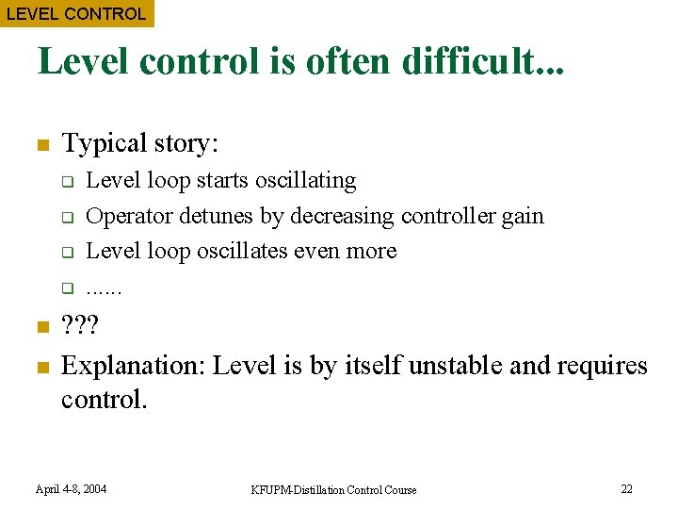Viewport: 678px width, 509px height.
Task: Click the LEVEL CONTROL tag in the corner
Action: (76, 14)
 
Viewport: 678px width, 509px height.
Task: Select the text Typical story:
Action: (139, 143)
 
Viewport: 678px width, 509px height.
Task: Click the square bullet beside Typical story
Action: (41, 145)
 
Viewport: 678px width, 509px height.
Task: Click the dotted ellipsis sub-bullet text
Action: (104, 288)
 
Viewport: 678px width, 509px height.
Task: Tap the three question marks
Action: (79, 328)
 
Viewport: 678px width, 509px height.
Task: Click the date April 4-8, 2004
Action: (71, 489)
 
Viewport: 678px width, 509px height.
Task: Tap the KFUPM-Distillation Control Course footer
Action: (333, 489)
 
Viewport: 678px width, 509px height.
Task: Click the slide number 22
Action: (626, 488)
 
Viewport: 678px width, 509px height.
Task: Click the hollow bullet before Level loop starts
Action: (68, 181)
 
